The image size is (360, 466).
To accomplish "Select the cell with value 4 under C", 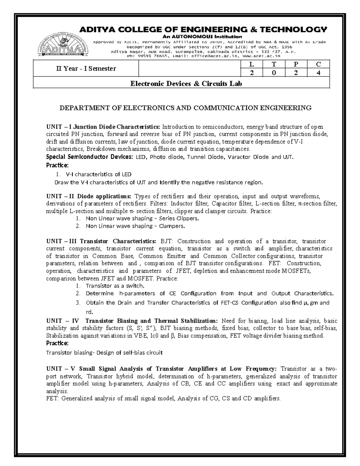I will tap(319, 73).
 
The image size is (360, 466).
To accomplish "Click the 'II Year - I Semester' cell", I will tap(86, 69).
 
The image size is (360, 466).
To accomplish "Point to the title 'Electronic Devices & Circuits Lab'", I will tap(186, 84).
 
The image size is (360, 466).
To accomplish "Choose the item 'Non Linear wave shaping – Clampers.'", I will tap(135, 226).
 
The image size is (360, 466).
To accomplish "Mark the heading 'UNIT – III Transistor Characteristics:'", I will tap(101, 241).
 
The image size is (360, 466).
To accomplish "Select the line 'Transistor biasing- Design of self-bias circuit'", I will tap(104, 353).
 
